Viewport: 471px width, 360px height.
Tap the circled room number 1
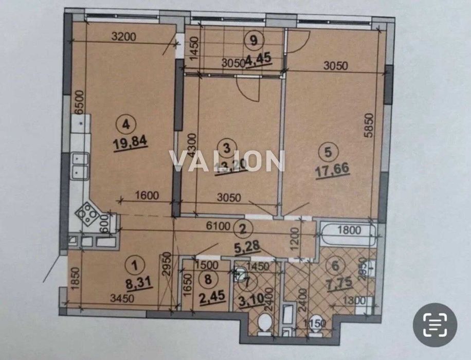click(x=135, y=266)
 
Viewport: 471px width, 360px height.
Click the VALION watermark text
click(x=227, y=161)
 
